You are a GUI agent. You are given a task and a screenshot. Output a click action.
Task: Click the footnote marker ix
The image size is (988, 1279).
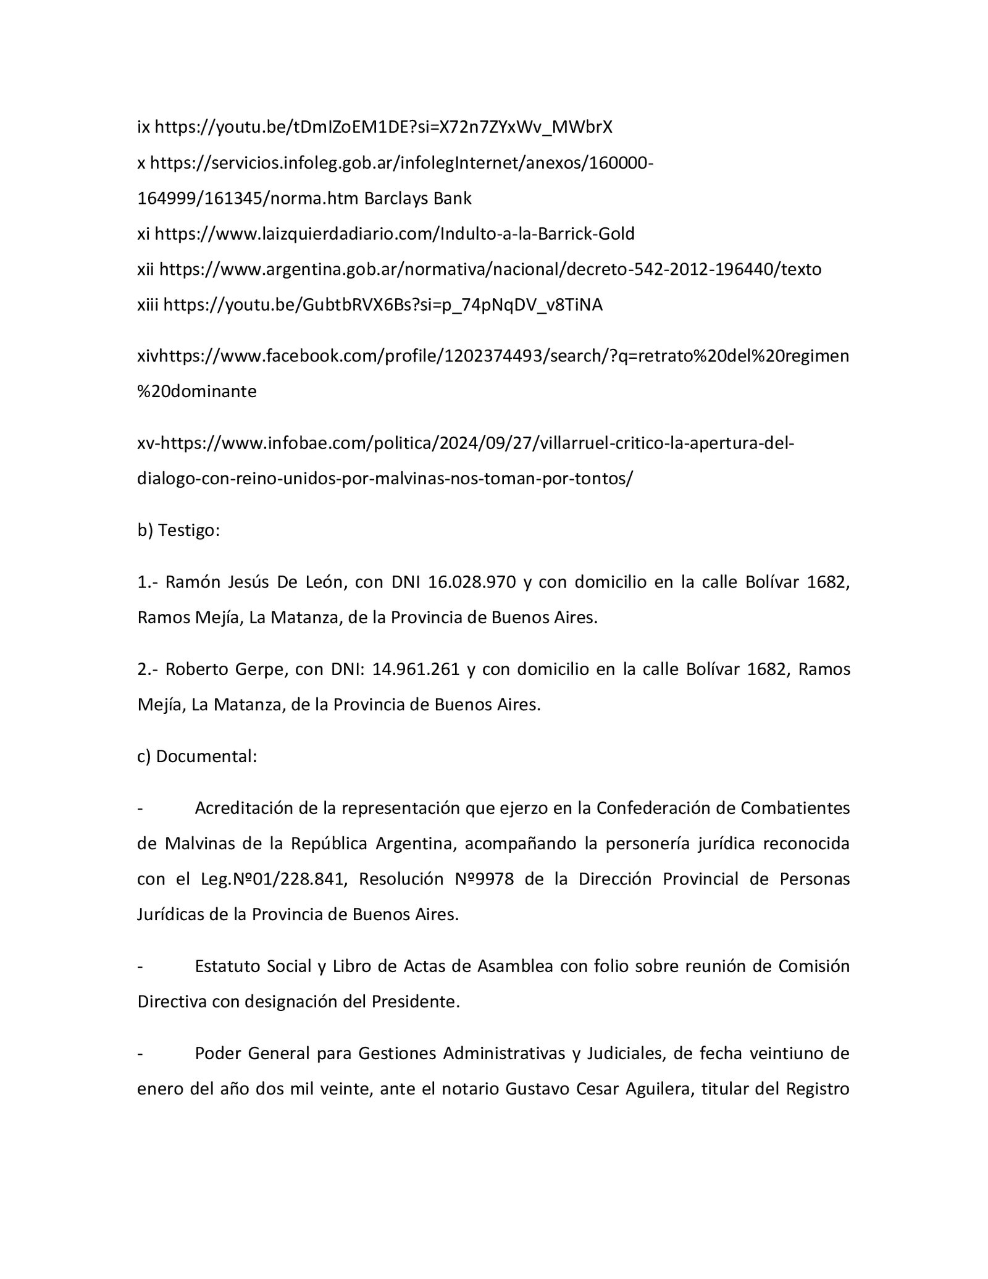(143, 127)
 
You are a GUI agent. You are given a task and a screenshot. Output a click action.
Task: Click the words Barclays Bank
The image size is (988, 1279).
(417, 198)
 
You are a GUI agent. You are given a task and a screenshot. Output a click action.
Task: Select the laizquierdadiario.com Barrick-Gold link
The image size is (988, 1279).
(395, 234)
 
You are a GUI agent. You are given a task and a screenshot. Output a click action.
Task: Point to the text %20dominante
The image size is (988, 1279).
(196, 392)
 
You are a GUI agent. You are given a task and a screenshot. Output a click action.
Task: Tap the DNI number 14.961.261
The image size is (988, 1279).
(416, 669)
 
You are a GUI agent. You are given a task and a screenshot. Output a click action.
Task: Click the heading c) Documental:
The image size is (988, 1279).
(196, 757)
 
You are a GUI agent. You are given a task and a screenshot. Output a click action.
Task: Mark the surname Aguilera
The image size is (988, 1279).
(650, 1089)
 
